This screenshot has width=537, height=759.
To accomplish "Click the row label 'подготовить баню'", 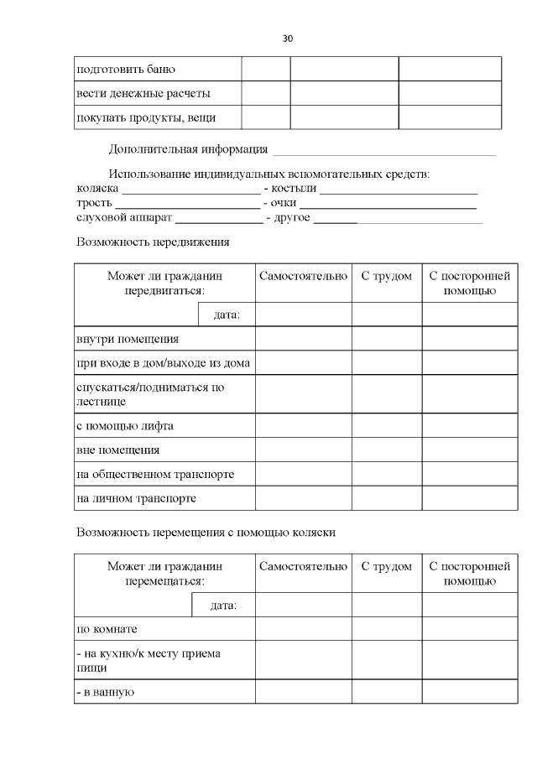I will click(x=125, y=69).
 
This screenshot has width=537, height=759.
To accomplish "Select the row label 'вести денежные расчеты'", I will click(x=143, y=92).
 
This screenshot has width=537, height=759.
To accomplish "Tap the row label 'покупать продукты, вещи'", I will click(x=146, y=117).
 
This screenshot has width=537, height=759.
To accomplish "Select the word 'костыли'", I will click(x=289, y=189).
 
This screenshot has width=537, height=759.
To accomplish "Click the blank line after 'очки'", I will click(x=388, y=205).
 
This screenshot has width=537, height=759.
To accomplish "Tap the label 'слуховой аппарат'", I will click(x=123, y=218).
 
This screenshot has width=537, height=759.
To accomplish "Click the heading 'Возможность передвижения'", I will click(x=152, y=242).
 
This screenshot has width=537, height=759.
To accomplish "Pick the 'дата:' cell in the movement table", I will click(x=227, y=315).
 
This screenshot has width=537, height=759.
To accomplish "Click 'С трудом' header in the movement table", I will click(x=386, y=276).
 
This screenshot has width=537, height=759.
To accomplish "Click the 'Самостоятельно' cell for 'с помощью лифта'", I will click(x=303, y=425).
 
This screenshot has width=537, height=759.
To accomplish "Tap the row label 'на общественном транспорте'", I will click(x=154, y=474).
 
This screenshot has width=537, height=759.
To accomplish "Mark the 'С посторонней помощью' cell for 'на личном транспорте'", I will click(x=469, y=498).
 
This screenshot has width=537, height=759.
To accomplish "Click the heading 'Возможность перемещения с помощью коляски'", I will click(x=206, y=533).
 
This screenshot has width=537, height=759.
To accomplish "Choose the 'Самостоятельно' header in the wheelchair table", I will click(x=303, y=566).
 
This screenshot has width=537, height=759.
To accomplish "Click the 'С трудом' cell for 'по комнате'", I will click(x=386, y=628).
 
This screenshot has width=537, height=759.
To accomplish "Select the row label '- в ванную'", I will click(x=106, y=692).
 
